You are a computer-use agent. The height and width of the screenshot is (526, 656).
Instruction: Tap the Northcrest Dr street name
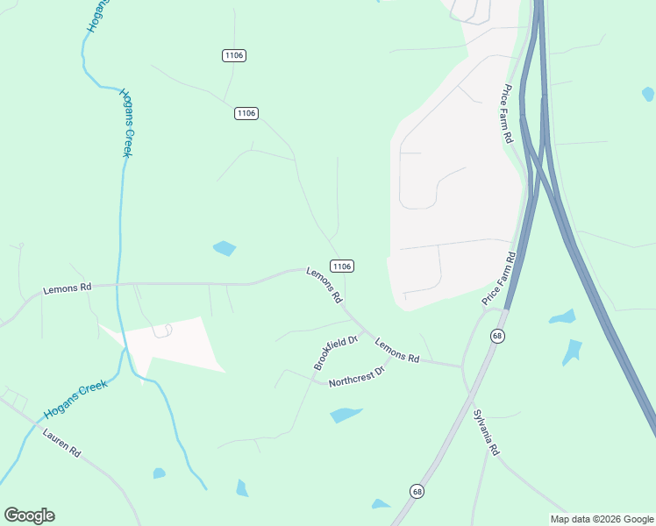pos(357,378)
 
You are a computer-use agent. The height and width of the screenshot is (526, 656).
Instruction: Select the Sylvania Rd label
pos(485,432)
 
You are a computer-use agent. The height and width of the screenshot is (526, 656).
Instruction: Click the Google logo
pos(29,515)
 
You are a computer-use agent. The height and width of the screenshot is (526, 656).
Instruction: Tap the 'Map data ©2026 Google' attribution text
pos(603,519)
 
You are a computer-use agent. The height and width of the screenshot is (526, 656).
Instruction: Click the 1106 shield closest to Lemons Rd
pos(342,266)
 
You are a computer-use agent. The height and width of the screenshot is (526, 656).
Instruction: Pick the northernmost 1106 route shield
pos(233,55)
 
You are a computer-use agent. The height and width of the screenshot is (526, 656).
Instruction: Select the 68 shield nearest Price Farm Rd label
pos(497,337)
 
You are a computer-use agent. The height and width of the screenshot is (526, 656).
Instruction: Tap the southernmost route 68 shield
pos(417,491)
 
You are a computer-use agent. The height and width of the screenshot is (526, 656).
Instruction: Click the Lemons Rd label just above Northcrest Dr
pos(397,351)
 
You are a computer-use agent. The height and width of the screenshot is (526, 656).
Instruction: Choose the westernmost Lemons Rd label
pos(68,288)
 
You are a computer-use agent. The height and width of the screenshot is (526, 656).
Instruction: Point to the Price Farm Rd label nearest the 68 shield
pos(500,279)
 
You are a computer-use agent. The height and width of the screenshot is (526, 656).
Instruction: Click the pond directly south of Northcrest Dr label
pos(346,415)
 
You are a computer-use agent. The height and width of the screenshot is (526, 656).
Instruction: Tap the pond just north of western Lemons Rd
pos(225,248)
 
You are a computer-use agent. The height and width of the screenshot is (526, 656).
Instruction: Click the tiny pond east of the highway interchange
pos(647,93)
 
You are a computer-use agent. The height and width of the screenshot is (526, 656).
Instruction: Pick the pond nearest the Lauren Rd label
pos(159,473)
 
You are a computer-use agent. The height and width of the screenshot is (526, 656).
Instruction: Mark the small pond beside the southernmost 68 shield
pos(381,504)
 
